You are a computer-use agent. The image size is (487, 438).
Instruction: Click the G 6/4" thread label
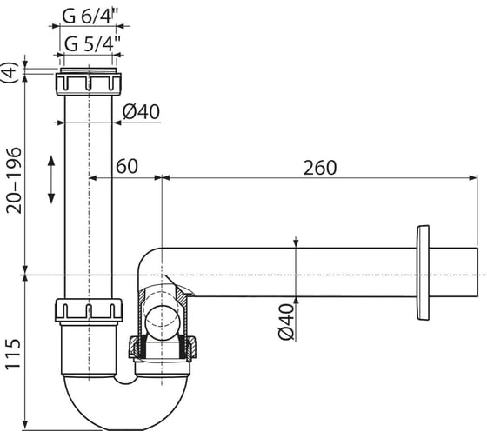(x=90, y=16)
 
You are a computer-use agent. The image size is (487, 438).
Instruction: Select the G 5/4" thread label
(x=92, y=43)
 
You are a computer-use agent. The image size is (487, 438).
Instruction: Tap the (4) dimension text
(x=10, y=72)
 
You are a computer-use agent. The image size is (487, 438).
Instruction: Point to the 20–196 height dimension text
(x=14, y=181)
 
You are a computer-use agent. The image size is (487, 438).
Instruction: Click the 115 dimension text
(x=13, y=355)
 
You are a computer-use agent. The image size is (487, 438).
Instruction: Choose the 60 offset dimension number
(x=127, y=166)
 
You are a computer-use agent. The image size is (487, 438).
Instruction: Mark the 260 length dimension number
(x=320, y=168)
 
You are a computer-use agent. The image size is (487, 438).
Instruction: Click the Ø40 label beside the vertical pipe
(x=141, y=112)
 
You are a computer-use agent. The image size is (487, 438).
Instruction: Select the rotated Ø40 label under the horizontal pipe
(x=286, y=322)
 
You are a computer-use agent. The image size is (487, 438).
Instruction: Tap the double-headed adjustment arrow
(x=51, y=180)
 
